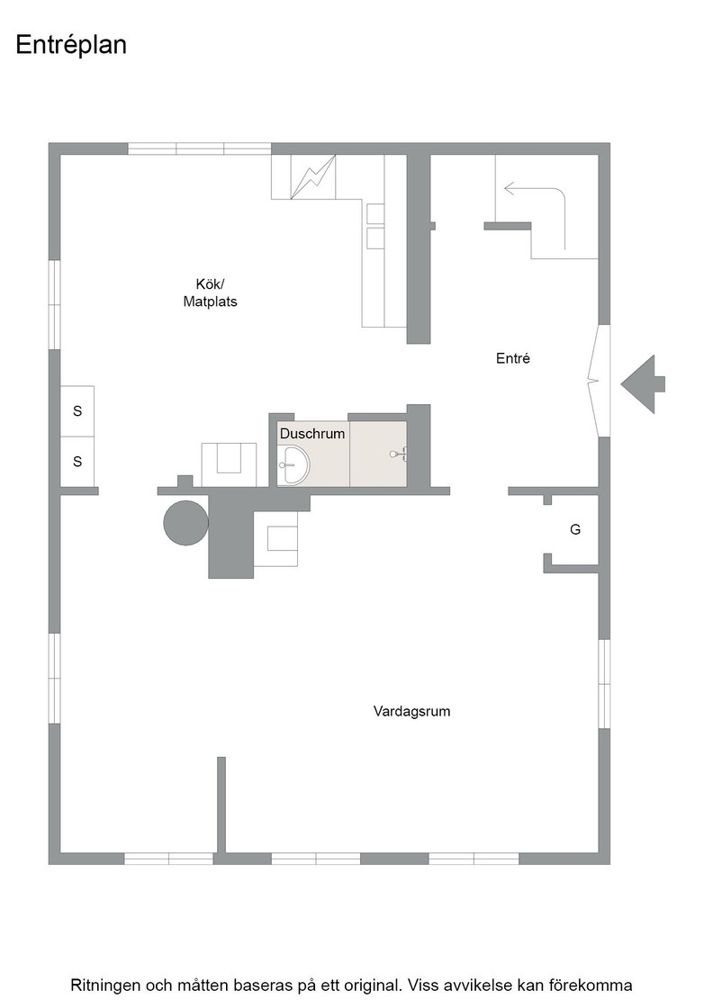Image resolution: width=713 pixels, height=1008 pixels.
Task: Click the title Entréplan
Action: (x=71, y=45)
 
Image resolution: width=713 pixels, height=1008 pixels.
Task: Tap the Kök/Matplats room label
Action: (x=210, y=293)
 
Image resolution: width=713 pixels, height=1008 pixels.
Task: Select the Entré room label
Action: (x=513, y=358)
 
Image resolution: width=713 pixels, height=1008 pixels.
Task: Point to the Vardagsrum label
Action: (x=411, y=711)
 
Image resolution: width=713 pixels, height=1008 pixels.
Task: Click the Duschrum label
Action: (x=312, y=433)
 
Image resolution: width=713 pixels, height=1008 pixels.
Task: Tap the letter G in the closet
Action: (x=575, y=529)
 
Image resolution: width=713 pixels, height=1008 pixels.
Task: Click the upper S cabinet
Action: (x=77, y=410)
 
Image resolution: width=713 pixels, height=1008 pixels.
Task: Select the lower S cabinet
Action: (x=77, y=461)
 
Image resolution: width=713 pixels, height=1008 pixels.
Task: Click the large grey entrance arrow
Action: (x=643, y=383)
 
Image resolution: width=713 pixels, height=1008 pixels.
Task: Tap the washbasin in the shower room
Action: (x=293, y=464)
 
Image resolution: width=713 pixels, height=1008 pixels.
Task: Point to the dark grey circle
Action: (x=185, y=523)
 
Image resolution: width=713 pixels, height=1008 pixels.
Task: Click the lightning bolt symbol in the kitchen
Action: (x=313, y=177)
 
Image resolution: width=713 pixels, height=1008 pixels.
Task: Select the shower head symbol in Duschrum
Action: (x=398, y=454)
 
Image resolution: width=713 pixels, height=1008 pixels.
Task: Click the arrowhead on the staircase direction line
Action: (x=510, y=188)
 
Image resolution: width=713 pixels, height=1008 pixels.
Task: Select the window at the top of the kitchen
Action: (x=200, y=148)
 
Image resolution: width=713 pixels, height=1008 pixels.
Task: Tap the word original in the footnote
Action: (x=375, y=985)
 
